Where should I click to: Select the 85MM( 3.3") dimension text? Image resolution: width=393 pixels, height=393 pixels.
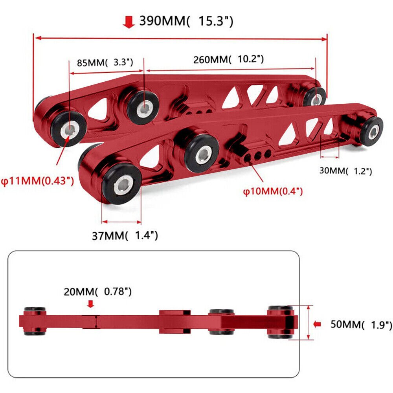(x=105, y=62)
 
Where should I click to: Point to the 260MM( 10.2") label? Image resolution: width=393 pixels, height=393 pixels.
(x=228, y=60)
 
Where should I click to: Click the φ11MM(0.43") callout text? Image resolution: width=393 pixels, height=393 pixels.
(x=37, y=182)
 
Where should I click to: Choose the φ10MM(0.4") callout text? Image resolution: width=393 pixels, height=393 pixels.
(x=273, y=191)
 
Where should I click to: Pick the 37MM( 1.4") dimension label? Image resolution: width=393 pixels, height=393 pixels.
(x=125, y=235)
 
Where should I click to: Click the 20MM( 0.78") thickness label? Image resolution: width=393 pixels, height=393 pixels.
(x=98, y=292)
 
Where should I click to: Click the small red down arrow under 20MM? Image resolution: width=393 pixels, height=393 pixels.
(x=91, y=303)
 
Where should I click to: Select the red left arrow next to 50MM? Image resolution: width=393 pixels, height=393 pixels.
(x=318, y=324)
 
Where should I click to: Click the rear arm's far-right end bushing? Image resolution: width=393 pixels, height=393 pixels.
(x=314, y=97)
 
